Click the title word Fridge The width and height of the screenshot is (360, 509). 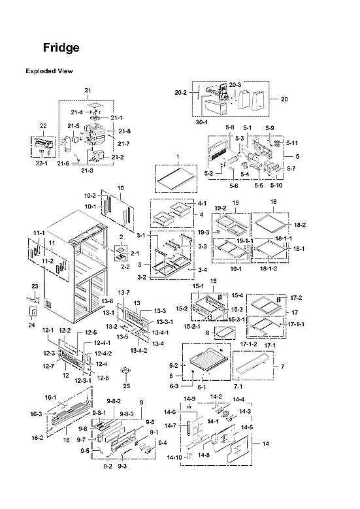coord(61,48)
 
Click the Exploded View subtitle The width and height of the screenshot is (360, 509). coord(49,71)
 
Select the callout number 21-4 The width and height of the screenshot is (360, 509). coord(77,112)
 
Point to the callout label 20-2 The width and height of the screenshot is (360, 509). coord(180,93)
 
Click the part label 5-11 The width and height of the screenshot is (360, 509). coord(291,142)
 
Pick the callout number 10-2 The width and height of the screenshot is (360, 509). coord(90,196)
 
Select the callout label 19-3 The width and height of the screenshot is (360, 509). coord(203,232)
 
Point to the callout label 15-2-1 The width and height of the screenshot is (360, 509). coord(191,326)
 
